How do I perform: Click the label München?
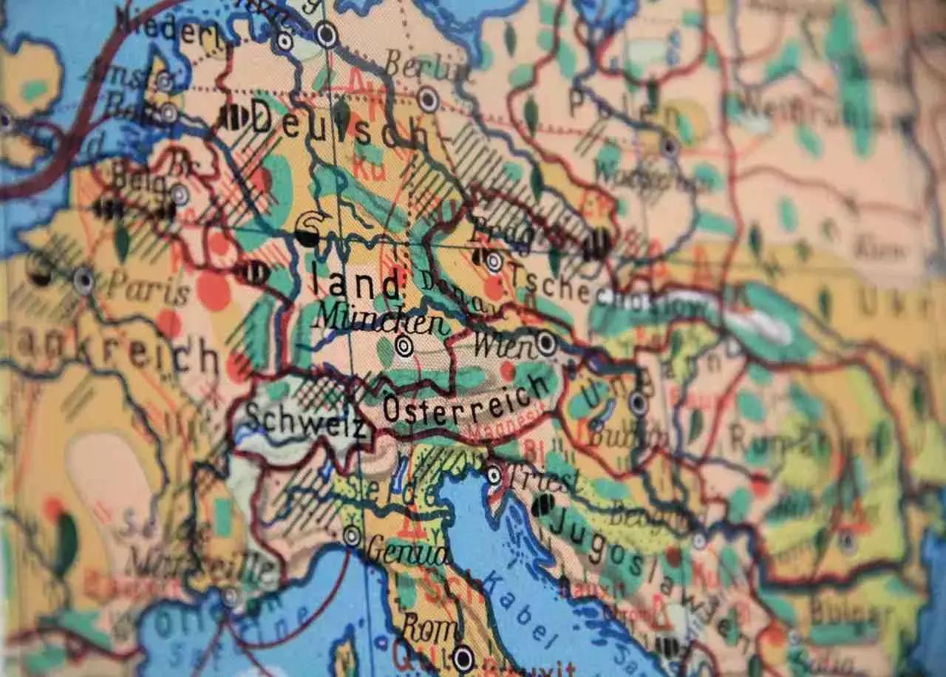click(x=380, y=320)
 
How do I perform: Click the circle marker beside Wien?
click(x=546, y=343)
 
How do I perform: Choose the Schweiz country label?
click(x=304, y=420)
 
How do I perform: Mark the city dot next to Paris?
click(x=84, y=279)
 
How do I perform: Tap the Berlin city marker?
click(x=428, y=99)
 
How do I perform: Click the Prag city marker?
click(x=494, y=262)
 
